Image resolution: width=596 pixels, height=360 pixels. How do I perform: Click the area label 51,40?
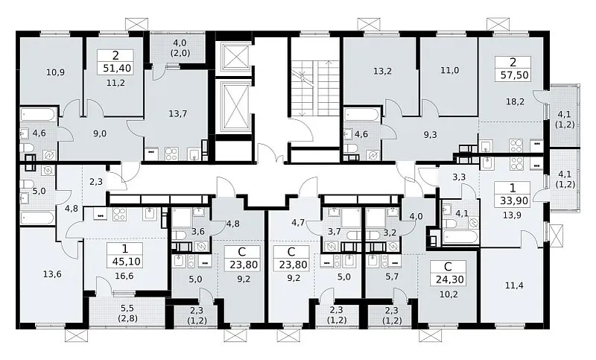click(x=117, y=69)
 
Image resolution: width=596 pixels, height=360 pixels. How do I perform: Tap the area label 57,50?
click(x=514, y=75)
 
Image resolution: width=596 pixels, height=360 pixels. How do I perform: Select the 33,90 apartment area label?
click(x=512, y=200)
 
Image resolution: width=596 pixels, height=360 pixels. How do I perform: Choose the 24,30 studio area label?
click(x=450, y=280)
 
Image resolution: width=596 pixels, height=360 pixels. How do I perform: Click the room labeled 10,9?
click(x=55, y=72)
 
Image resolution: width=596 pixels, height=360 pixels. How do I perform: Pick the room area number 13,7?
click(x=177, y=113)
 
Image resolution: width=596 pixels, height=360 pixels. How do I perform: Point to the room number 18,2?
click(x=515, y=101)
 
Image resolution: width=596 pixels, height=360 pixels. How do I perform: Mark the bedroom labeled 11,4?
click(x=514, y=285)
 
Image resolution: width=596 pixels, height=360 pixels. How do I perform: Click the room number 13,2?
click(x=382, y=71)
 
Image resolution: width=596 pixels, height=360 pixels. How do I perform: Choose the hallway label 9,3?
click(x=431, y=135)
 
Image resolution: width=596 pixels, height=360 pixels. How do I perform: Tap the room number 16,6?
click(x=124, y=276)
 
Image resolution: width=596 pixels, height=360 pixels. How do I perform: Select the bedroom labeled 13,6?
click(x=52, y=274)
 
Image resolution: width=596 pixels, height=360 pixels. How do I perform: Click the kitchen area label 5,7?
click(x=392, y=277)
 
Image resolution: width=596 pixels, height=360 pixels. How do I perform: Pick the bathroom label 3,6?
click(x=197, y=232)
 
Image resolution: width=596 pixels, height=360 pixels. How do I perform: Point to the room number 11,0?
click(x=450, y=70)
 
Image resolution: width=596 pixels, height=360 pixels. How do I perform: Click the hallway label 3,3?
click(x=460, y=177)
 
